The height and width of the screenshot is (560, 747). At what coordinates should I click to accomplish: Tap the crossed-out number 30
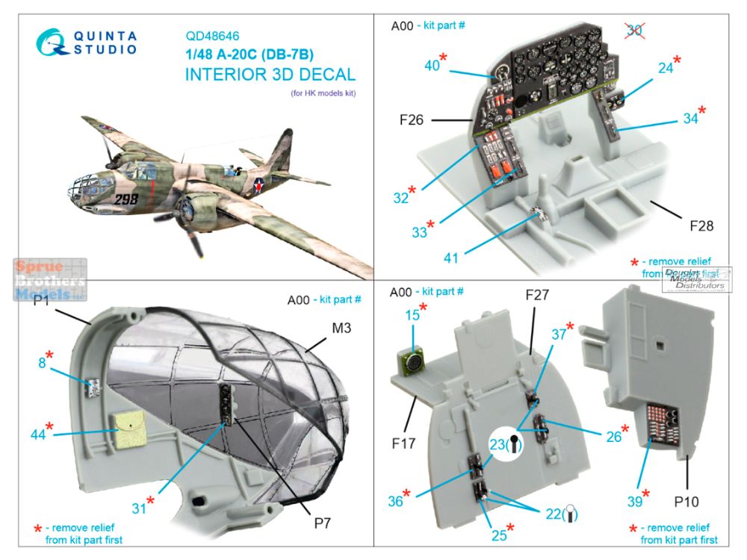pos(634,31)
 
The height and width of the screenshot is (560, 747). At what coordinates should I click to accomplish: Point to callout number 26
pos(613,437)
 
